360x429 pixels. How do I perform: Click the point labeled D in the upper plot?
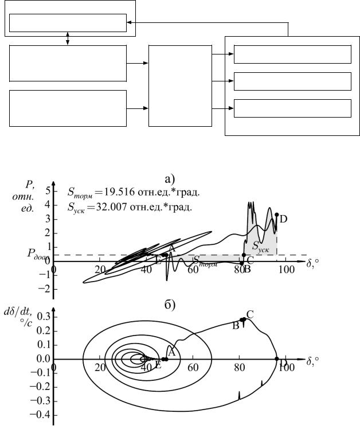(x=277, y=215)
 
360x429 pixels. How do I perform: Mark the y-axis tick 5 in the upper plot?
(x=48, y=191)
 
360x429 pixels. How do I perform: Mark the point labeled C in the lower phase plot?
(x=244, y=319)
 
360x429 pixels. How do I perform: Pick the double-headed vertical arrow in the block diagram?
(x=68, y=39)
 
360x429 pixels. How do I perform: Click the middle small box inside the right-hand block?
(x=292, y=81)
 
